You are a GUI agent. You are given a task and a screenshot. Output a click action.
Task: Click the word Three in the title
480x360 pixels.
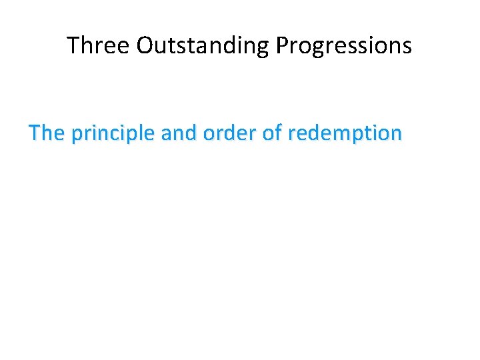[x=99, y=45]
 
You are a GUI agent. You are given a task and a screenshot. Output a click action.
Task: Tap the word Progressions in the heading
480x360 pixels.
[x=344, y=45]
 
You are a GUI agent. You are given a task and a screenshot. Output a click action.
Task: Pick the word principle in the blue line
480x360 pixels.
[x=113, y=133]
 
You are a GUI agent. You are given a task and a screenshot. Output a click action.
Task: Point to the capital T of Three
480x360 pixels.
[x=73, y=45]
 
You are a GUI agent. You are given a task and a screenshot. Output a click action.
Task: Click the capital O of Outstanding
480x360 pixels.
[x=145, y=45]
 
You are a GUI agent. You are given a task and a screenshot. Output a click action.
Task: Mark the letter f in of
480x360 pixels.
[x=278, y=133]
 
